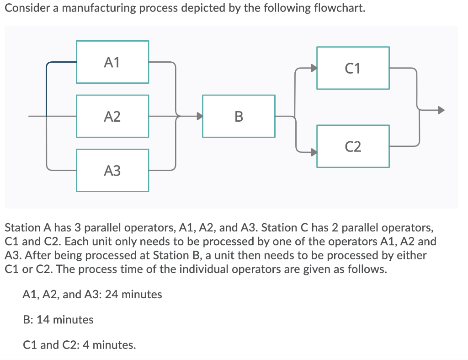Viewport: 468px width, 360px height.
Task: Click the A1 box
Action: click(x=112, y=62)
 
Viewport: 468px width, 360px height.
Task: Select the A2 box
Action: click(x=112, y=116)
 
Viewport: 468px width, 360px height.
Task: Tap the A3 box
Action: click(x=112, y=170)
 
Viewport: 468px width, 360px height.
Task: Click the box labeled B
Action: click(x=239, y=116)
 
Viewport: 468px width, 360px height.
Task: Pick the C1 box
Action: click(x=353, y=68)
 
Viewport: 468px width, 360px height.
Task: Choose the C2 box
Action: click(x=353, y=146)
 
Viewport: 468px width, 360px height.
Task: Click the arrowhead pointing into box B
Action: click(x=199, y=116)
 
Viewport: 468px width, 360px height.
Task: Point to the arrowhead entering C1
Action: click(x=314, y=68)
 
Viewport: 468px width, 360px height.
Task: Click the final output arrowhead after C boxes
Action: click(x=441, y=110)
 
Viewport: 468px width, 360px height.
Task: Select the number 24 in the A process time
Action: click(x=111, y=294)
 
